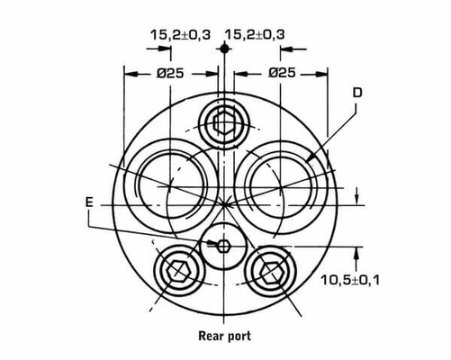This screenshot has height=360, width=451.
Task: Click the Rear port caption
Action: [x=225, y=336]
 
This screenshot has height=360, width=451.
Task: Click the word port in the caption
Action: [x=239, y=337]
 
